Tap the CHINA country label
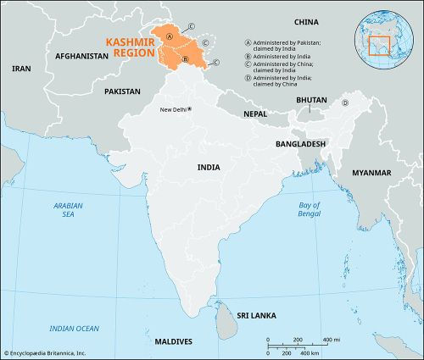(307, 21)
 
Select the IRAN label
(21, 68)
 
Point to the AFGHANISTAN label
(81, 56)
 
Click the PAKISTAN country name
(122, 90)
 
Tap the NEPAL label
(256, 113)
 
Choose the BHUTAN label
(311, 99)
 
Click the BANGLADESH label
(300, 144)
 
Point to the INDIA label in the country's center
(209, 168)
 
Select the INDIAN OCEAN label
(74, 328)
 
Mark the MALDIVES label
(174, 341)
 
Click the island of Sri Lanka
(225, 321)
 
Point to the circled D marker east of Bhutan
(345, 103)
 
